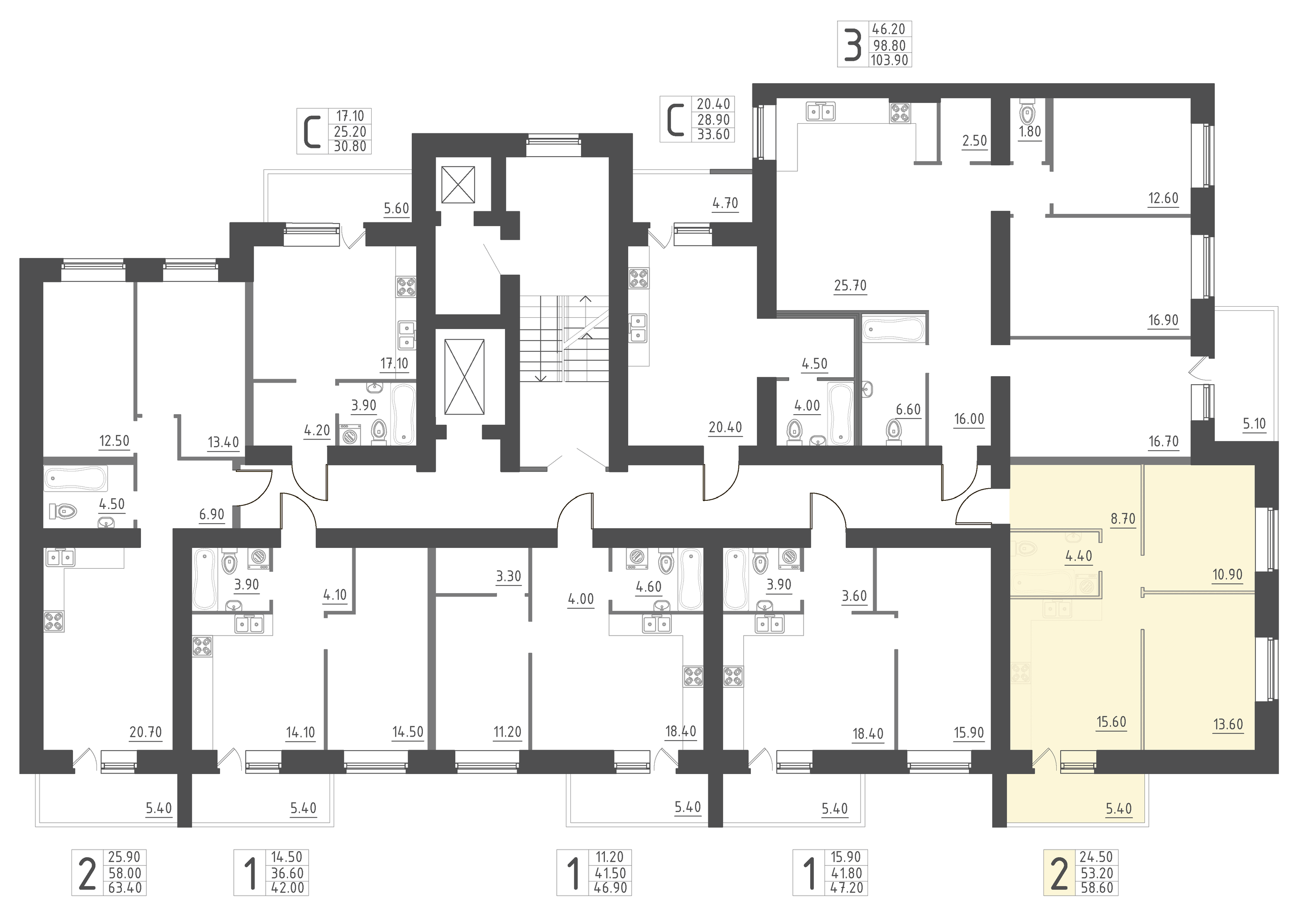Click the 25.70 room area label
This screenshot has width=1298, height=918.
coord(850,286)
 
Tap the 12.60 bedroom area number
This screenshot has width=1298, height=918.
coord(1163,198)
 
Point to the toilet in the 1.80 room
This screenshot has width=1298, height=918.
coord(1027,114)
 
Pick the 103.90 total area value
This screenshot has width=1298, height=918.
coord(890,60)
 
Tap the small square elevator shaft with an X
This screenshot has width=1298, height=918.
coord(458,185)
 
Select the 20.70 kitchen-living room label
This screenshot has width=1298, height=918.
coord(146,732)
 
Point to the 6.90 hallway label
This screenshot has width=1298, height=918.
coord(211,515)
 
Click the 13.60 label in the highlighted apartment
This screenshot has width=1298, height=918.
coord(1228,724)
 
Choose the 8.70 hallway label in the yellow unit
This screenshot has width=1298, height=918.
coord(1122,519)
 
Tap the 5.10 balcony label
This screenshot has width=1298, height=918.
coord(1254,424)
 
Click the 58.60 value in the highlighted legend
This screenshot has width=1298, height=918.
coord(1097,888)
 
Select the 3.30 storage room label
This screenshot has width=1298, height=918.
coord(508,576)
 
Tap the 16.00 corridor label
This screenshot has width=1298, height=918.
coord(969,419)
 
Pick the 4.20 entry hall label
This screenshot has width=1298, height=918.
coord(316,431)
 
